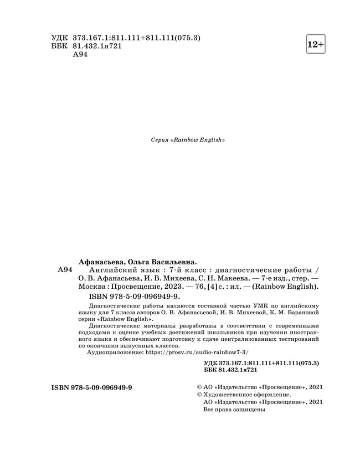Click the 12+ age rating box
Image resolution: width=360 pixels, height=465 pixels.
316,44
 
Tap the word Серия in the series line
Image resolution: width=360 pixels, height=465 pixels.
160,141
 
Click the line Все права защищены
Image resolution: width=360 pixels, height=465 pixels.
235,410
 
